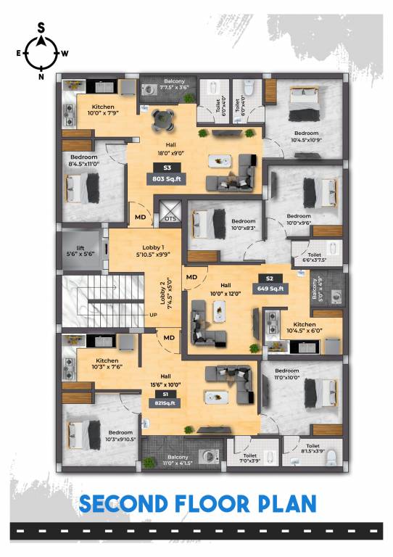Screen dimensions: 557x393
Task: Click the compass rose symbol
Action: pos(41,51)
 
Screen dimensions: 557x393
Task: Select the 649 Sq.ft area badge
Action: pos(269,288)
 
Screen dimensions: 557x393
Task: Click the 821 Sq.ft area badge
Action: pos(166,403)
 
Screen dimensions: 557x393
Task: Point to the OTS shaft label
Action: pos(170,218)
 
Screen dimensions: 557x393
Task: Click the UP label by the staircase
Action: pos(152,315)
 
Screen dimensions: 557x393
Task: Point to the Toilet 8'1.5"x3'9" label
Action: pos(313,450)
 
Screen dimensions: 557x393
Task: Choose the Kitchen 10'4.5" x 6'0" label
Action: pos(304,328)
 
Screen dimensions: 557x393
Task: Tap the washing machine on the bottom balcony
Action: pos(210,457)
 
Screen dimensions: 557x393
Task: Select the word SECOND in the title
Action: pos(131,503)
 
